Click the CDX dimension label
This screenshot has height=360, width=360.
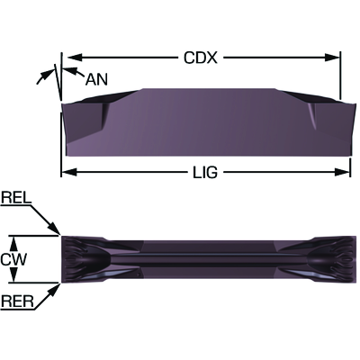(200, 57)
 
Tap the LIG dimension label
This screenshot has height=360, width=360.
(204, 173)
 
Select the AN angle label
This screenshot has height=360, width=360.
(96, 80)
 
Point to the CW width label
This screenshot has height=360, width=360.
(13, 259)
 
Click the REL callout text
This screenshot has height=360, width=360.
(16, 198)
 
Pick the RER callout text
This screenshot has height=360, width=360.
(17, 301)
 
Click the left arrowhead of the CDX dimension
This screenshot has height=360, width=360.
(75, 57)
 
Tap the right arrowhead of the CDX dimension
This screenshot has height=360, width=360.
(332, 57)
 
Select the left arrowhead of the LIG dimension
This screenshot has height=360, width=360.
(69, 172)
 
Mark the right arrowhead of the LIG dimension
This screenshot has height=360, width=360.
(342, 172)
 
